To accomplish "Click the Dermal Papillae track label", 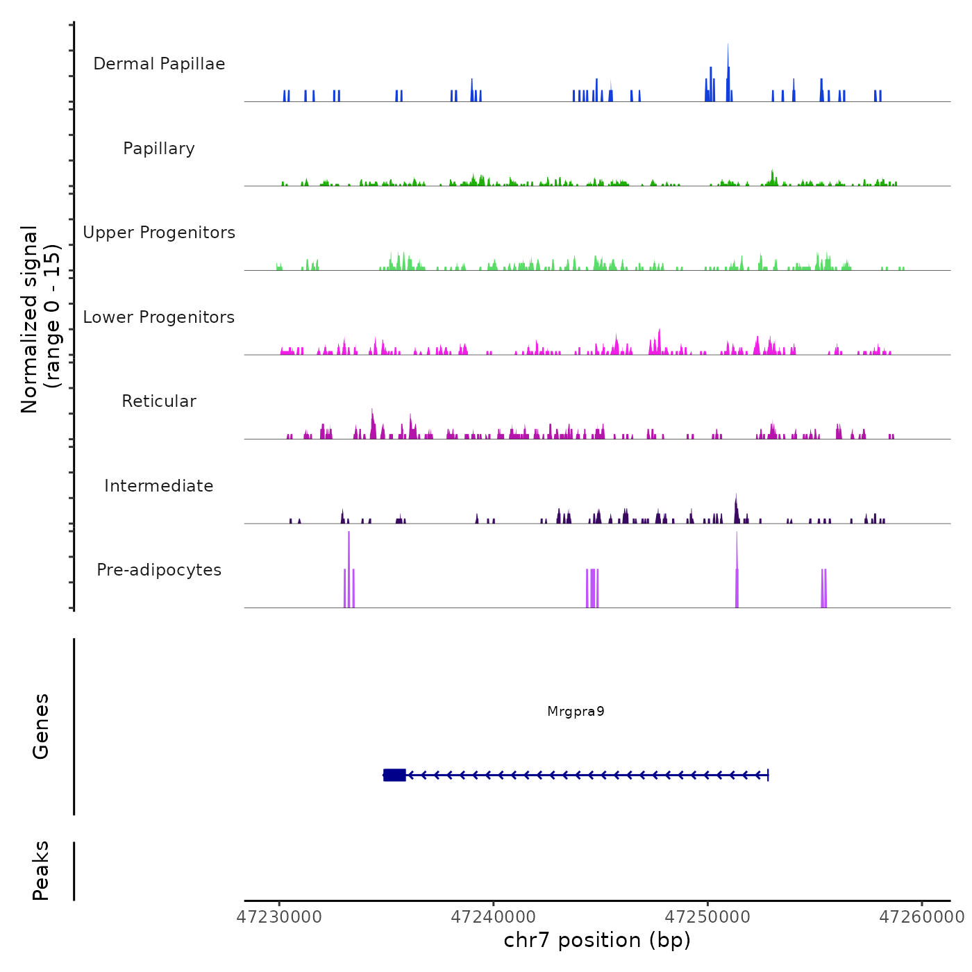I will [159, 64].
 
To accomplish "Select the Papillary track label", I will [159, 149].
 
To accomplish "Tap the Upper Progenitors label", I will [159, 233].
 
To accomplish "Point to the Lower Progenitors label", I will [159, 317].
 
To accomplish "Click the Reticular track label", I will [159, 401].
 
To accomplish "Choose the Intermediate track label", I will [159, 486].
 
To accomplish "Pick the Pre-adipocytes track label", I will [159, 570].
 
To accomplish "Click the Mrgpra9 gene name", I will [576, 712].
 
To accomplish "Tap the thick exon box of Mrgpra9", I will [394, 775].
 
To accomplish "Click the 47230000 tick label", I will [279, 917].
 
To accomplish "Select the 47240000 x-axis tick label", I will [494, 917].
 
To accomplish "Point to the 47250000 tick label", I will [707, 917].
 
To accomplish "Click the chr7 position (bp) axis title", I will [597, 940].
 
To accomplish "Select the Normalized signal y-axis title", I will [40, 319].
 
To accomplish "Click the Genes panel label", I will [41, 726].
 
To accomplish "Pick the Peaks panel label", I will [41, 871].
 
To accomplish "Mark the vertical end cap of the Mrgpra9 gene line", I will [768, 775].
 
